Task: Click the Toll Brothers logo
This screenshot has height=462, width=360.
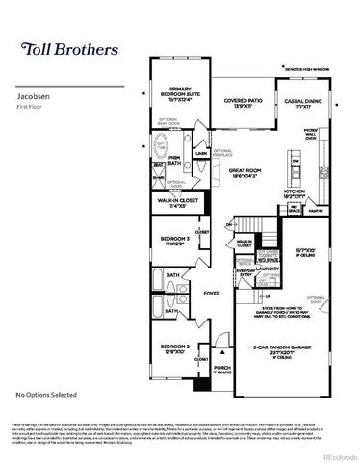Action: click(66, 47)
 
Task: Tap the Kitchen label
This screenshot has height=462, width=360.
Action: click(294, 193)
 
